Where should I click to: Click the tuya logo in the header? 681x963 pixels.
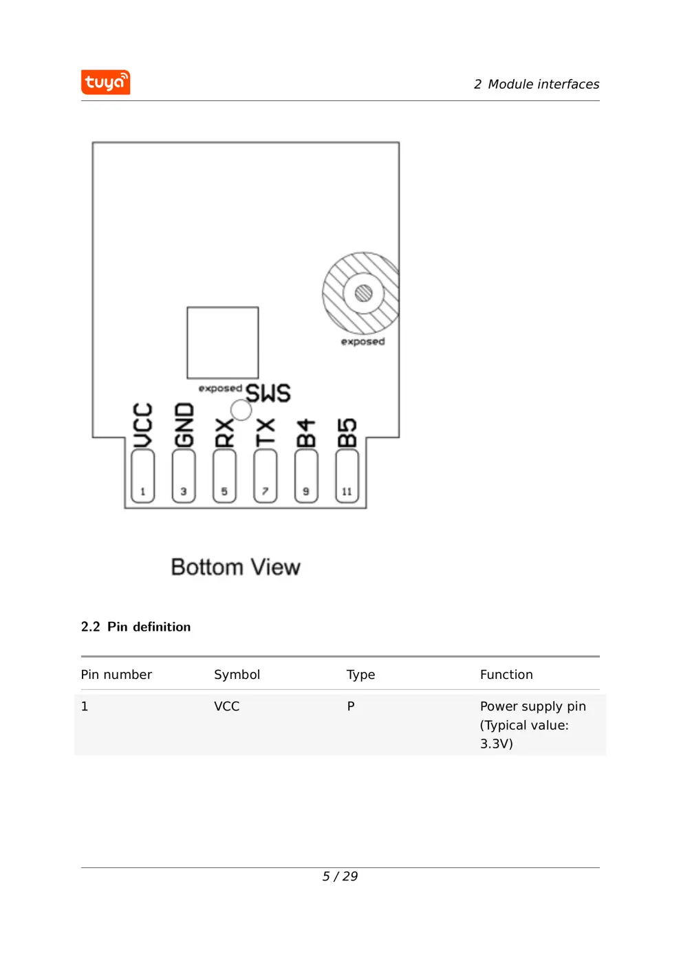click(x=105, y=82)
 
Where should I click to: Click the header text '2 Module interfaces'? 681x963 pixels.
click(x=536, y=84)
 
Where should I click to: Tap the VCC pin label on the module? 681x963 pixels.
click(x=142, y=426)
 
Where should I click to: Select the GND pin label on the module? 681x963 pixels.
click(x=184, y=426)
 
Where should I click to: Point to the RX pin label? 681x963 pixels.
click(x=224, y=433)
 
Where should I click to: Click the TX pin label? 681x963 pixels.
click(x=265, y=433)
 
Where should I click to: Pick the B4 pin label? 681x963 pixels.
click(x=306, y=433)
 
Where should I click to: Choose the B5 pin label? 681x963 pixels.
click(x=347, y=433)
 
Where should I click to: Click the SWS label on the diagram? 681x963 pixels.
click(x=268, y=393)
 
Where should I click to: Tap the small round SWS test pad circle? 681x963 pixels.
click(x=241, y=410)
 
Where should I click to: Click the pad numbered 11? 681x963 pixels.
click(x=347, y=477)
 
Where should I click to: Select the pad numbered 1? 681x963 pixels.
click(x=142, y=477)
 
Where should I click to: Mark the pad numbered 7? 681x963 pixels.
click(x=265, y=477)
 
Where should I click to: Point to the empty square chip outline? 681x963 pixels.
click(x=223, y=342)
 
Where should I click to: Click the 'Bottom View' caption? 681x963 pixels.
click(x=235, y=567)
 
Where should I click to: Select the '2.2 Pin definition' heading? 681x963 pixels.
click(x=136, y=627)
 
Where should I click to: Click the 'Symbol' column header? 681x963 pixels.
click(x=237, y=675)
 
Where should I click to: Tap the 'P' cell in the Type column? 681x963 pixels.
click(x=351, y=706)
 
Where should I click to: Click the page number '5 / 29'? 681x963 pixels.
click(x=340, y=876)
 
